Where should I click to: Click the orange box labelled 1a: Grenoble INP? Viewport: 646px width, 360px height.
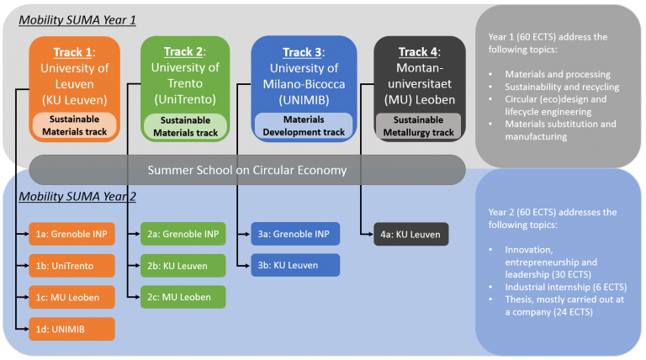tap(71, 234)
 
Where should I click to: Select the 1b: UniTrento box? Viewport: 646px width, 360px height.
tap(71, 266)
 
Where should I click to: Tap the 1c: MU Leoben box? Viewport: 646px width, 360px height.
tap(71, 297)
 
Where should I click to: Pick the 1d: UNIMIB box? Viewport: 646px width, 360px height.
tap(71, 329)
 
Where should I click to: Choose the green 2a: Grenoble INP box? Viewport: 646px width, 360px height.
tap(183, 234)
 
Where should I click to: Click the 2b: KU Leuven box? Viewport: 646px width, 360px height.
tap(183, 266)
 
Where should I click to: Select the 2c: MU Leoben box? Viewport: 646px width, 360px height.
tap(183, 297)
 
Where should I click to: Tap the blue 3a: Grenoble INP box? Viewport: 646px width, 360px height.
tap(295, 234)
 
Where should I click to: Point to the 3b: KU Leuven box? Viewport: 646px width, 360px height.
tap(295, 265)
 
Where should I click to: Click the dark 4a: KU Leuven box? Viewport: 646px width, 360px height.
tap(410, 234)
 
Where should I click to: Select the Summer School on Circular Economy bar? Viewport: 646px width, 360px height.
tap(247, 170)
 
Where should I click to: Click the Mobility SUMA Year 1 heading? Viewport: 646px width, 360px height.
tap(77, 20)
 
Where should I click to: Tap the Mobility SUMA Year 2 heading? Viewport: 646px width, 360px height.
tap(77, 197)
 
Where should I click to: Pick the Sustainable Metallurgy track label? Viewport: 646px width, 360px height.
tap(419, 126)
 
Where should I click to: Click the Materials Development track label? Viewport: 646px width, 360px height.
tap(304, 125)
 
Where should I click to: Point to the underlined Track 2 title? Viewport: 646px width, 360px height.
tap(183, 51)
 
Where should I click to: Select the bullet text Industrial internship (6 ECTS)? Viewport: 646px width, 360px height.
tap(566, 287)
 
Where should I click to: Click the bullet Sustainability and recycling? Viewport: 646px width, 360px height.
tap(562, 87)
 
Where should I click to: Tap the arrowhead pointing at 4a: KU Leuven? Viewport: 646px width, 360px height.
tap(371, 235)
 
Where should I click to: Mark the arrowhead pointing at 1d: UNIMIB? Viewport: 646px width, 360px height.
tap(26, 329)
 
